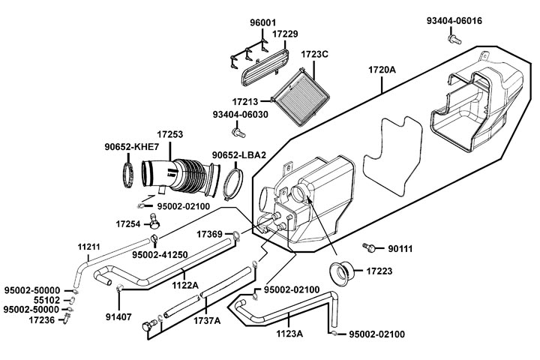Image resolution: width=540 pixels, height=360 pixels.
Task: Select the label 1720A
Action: coord(382,70)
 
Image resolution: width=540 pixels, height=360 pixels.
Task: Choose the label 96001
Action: coord(263,22)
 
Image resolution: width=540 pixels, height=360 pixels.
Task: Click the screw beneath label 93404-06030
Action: coord(239,133)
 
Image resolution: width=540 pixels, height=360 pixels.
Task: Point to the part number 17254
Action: coord(129,223)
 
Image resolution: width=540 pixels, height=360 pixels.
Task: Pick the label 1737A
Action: coord(207,321)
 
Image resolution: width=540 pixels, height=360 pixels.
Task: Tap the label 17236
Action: coord(42,320)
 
